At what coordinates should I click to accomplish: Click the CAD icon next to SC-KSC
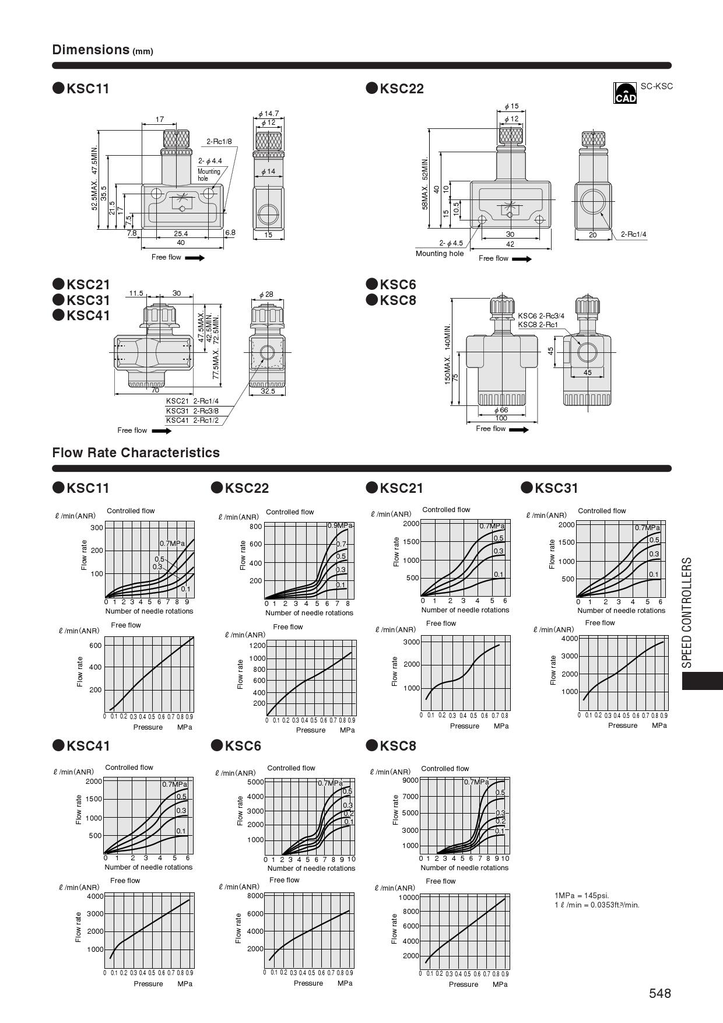(624, 93)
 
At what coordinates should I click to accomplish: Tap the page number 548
(660, 993)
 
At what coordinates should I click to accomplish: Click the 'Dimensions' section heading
(91, 50)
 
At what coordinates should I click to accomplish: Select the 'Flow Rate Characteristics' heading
(136, 453)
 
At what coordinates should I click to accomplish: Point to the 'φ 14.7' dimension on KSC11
(268, 113)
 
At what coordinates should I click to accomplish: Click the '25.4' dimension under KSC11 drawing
(181, 234)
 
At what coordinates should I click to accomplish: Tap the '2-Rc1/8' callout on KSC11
(219, 142)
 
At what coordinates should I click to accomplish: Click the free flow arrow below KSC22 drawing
(521, 259)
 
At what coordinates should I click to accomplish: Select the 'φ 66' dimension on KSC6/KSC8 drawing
(501, 410)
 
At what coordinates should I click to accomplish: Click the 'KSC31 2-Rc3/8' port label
(192, 411)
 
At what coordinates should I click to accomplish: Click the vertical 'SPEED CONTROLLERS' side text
(687, 612)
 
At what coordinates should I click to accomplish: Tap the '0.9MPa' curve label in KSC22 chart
(340, 525)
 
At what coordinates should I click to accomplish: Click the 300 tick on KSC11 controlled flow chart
(97, 528)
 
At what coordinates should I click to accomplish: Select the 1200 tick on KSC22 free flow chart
(257, 646)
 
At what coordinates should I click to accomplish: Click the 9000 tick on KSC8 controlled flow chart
(410, 780)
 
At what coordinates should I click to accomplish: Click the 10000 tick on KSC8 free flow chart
(409, 897)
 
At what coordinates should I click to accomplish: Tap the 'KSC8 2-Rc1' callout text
(538, 325)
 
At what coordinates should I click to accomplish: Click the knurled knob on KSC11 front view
(170, 139)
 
